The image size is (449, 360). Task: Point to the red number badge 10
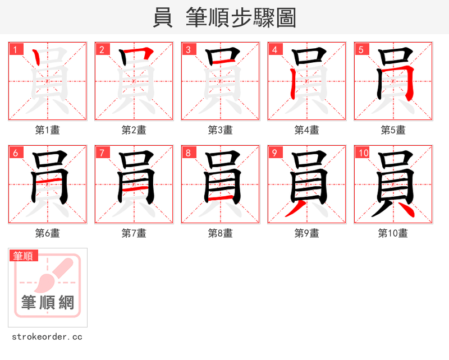pyautogui.click(x=363, y=153)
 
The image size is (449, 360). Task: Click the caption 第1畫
pyautogui.click(x=48, y=130)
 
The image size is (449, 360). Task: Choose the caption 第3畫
pyautogui.click(x=221, y=130)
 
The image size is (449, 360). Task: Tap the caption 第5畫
pyautogui.click(x=393, y=130)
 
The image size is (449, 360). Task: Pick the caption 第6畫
pyautogui.click(x=48, y=233)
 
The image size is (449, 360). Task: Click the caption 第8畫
pyautogui.click(x=221, y=233)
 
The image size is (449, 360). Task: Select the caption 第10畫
pyautogui.click(x=393, y=233)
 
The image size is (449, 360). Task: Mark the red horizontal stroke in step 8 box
pyautogui.click(x=221, y=197)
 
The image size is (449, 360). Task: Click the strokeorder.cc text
pyautogui.click(x=48, y=337)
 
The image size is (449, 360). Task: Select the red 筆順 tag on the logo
pyautogui.click(x=24, y=256)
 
